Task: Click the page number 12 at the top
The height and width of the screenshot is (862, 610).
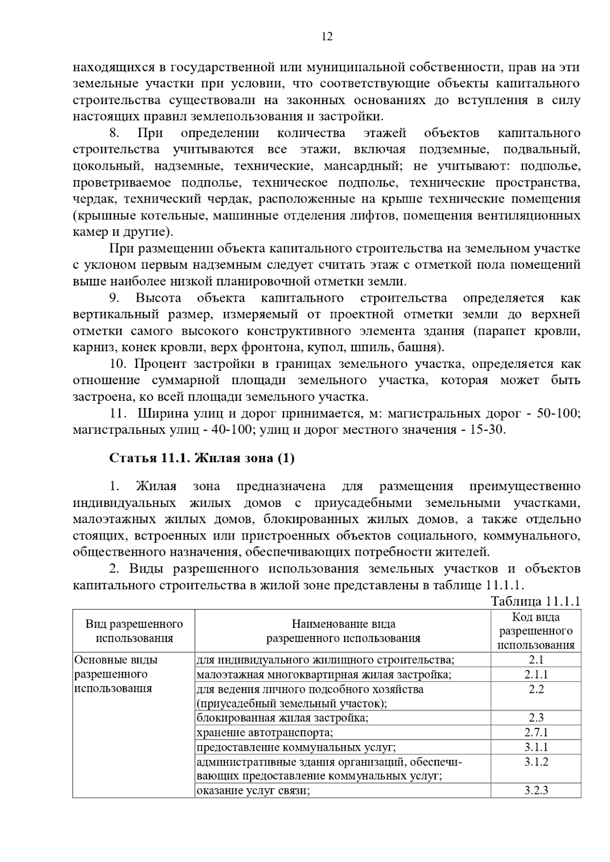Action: pyautogui.click(x=327, y=37)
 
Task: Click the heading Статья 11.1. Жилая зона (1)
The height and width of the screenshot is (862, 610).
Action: pyautogui.click(x=202, y=458)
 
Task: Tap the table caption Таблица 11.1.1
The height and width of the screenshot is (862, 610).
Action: pyautogui.click(x=535, y=601)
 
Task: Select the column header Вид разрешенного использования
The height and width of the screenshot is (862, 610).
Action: pyautogui.click(x=134, y=631)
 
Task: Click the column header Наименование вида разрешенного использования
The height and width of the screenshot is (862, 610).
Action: pyautogui.click(x=343, y=631)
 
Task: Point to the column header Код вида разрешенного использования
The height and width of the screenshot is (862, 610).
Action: pyautogui.click(x=536, y=631)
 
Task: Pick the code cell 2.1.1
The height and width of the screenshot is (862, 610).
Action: pyautogui.click(x=536, y=675)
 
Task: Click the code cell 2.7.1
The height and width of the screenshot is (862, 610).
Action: pyautogui.click(x=536, y=732)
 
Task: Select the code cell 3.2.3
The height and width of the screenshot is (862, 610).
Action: pyautogui.click(x=536, y=791)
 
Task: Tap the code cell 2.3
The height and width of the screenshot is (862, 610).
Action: pyautogui.click(x=536, y=718)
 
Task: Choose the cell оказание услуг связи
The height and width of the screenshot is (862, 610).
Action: pyautogui.click(x=253, y=791)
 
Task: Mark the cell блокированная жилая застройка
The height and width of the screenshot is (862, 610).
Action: pyautogui.click(x=283, y=718)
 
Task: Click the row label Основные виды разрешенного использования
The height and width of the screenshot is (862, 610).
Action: pyautogui.click(x=116, y=675)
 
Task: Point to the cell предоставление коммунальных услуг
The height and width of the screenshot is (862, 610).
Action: pyautogui.click(x=296, y=747)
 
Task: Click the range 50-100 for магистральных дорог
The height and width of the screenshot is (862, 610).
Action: pyautogui.click(x=558, y=413)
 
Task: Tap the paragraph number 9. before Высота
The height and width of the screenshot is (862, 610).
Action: pyautogui.click(x=114, y=298)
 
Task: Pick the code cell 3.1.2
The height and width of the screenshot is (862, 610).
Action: pyautogui.click(x=536, y=762)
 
